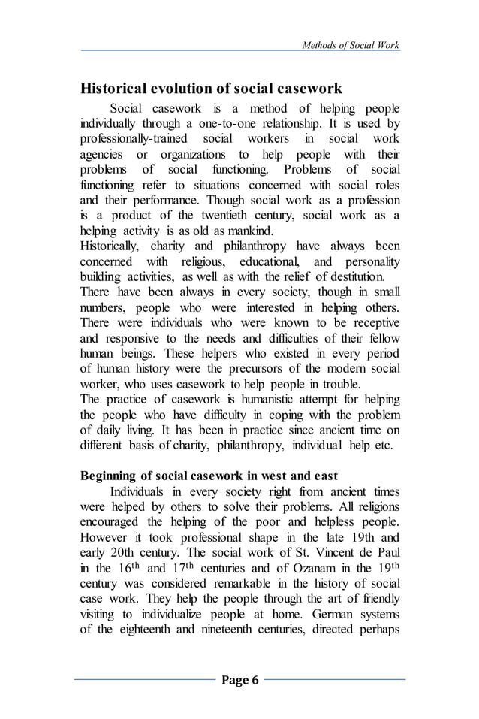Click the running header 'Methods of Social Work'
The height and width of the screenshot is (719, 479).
[x=350, y=45]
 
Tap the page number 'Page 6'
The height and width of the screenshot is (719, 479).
[x=239, y=681]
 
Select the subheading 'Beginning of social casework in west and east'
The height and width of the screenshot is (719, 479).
[x=209, y=476]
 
